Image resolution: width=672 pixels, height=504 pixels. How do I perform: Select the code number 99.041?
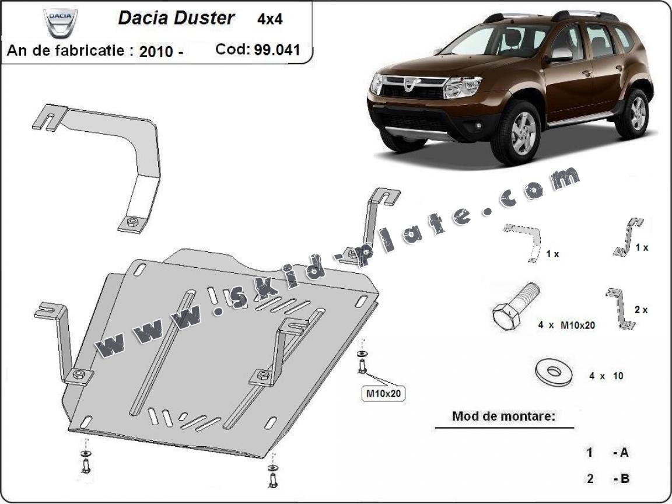[276, 49]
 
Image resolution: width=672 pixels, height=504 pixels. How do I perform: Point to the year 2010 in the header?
[156, 51]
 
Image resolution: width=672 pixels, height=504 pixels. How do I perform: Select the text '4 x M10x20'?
[566, 325]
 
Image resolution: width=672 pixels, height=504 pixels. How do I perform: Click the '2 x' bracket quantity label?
[640, 310]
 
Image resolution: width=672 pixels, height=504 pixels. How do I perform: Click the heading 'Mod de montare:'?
[503, 416]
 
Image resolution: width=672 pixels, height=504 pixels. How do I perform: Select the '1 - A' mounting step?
[607, 452]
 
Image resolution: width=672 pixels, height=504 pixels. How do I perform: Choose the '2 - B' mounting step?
[607, 479]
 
